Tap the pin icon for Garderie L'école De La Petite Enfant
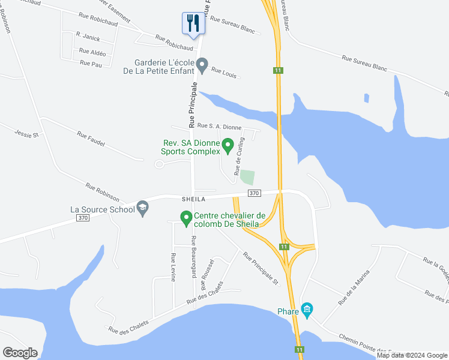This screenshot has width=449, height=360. pyautogui.click(x=202, y=65)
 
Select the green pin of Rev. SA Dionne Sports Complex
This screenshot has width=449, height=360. pyautogui.click(x=228, y=145)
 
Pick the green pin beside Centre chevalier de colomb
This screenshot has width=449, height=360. pyautogui.click(x=186, y=218)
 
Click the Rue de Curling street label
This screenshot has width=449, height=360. pyautogui.click(x=238, y=160)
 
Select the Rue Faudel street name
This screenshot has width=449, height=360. pyautogui.click(x=91, y=139)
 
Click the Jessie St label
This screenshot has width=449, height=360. pyautogui.click(x=26, y=133)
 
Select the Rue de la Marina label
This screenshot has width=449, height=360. pyautogui.click(x=353, y=288)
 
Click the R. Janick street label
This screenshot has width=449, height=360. pyautogui.click(x=88, y=37)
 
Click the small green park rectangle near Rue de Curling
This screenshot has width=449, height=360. pyautogui.click(x=247, y=178)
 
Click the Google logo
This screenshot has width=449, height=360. pyautogui.click(x=20, y=353)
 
